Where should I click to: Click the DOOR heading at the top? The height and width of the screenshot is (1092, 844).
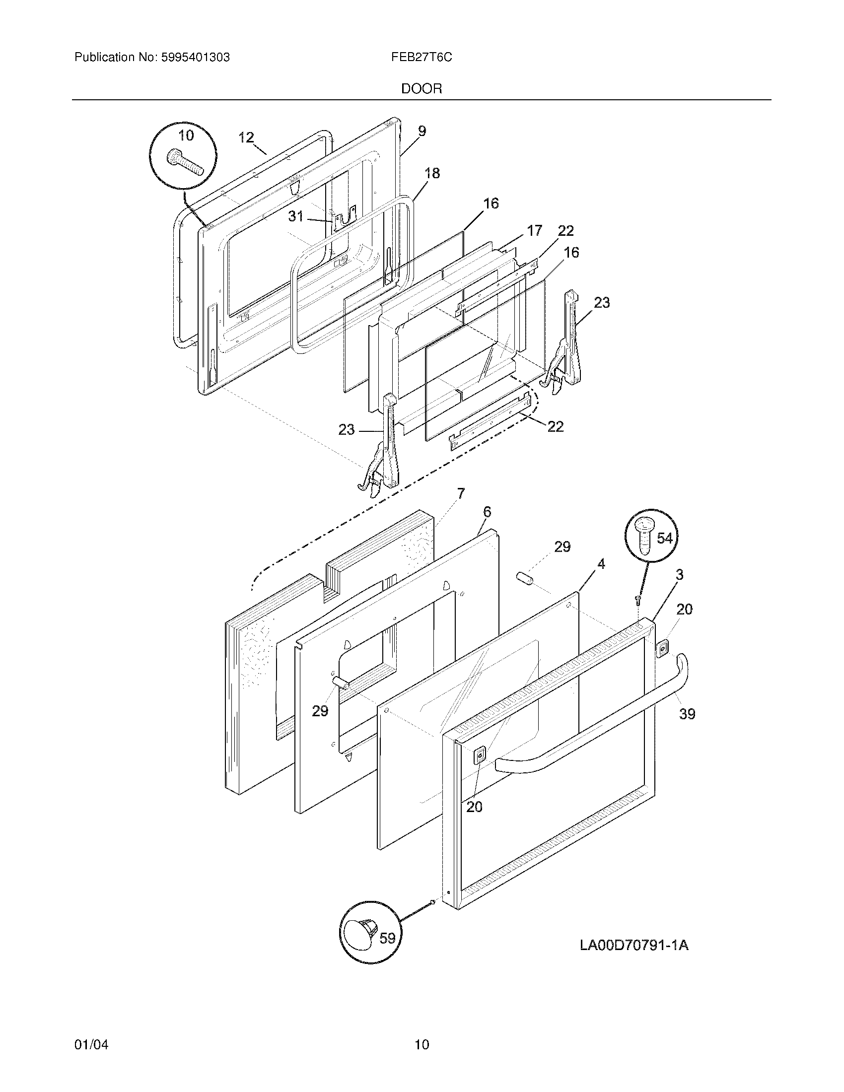point(422,89)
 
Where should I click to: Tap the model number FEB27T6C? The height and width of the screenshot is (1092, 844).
point(422,58)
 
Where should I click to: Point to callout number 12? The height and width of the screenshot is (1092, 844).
point(246,137)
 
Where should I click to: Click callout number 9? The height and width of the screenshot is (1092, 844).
point(422,131)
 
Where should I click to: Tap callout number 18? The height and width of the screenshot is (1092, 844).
point(432,173)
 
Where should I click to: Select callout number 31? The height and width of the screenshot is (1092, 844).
point(296,216)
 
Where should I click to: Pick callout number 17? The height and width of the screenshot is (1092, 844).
point(535,230)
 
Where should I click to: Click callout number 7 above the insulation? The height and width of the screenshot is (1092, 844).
point(460,493)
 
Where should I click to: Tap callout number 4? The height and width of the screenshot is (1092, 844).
point(601,564)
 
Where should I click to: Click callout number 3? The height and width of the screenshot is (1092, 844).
point(679,575)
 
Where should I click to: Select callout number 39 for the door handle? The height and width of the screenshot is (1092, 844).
point(687,713)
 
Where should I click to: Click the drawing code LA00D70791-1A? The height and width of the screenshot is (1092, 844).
point(634,946)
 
